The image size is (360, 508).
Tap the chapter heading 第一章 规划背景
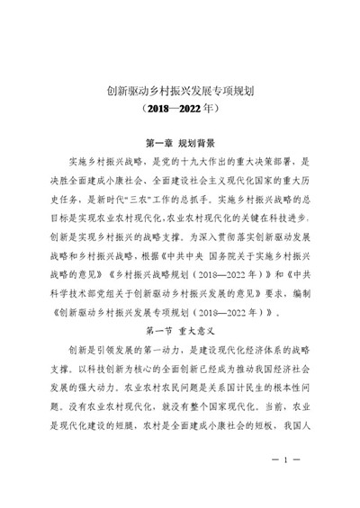coord(180,144)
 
